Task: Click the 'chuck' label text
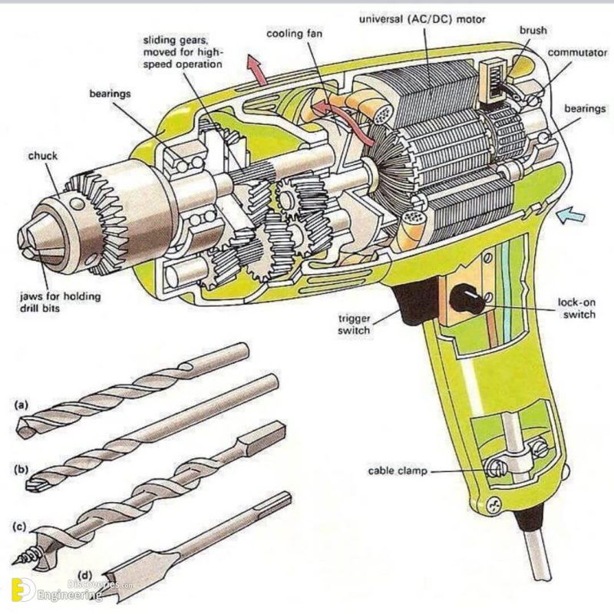click(x=45, y=156)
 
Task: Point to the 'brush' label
click(x=532, y=30)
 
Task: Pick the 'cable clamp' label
click(x=398, y=470)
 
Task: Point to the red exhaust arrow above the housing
click(x=258, y=71)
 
